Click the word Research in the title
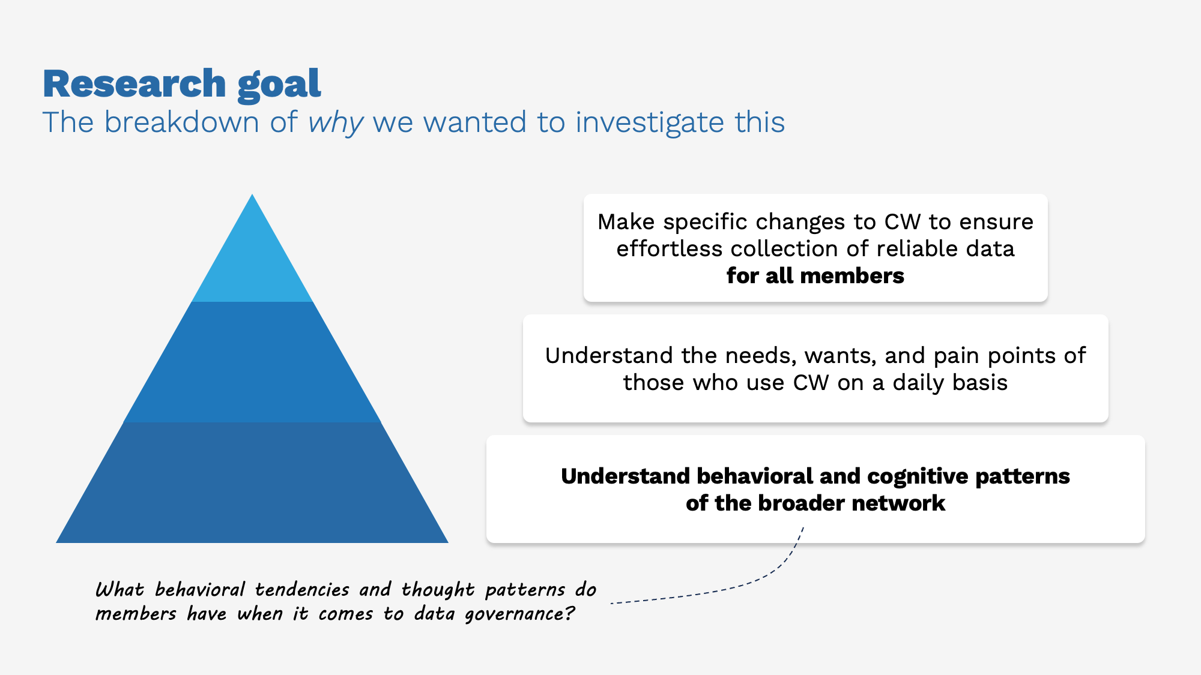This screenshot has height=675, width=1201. [x=134, y=83]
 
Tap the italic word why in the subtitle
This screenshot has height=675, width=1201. [x=335, y=123]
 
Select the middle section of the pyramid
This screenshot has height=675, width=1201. [x=252, y=363]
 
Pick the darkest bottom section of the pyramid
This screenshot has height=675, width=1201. [x=252, y=483]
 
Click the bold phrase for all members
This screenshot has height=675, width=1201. [x=815, y=276]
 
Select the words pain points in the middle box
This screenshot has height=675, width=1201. [x=996, y=356]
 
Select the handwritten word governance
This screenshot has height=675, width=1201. [x=519, y=614]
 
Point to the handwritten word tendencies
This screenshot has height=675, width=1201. [x=301, y=590]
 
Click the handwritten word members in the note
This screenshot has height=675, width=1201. [x=136, y=614]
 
